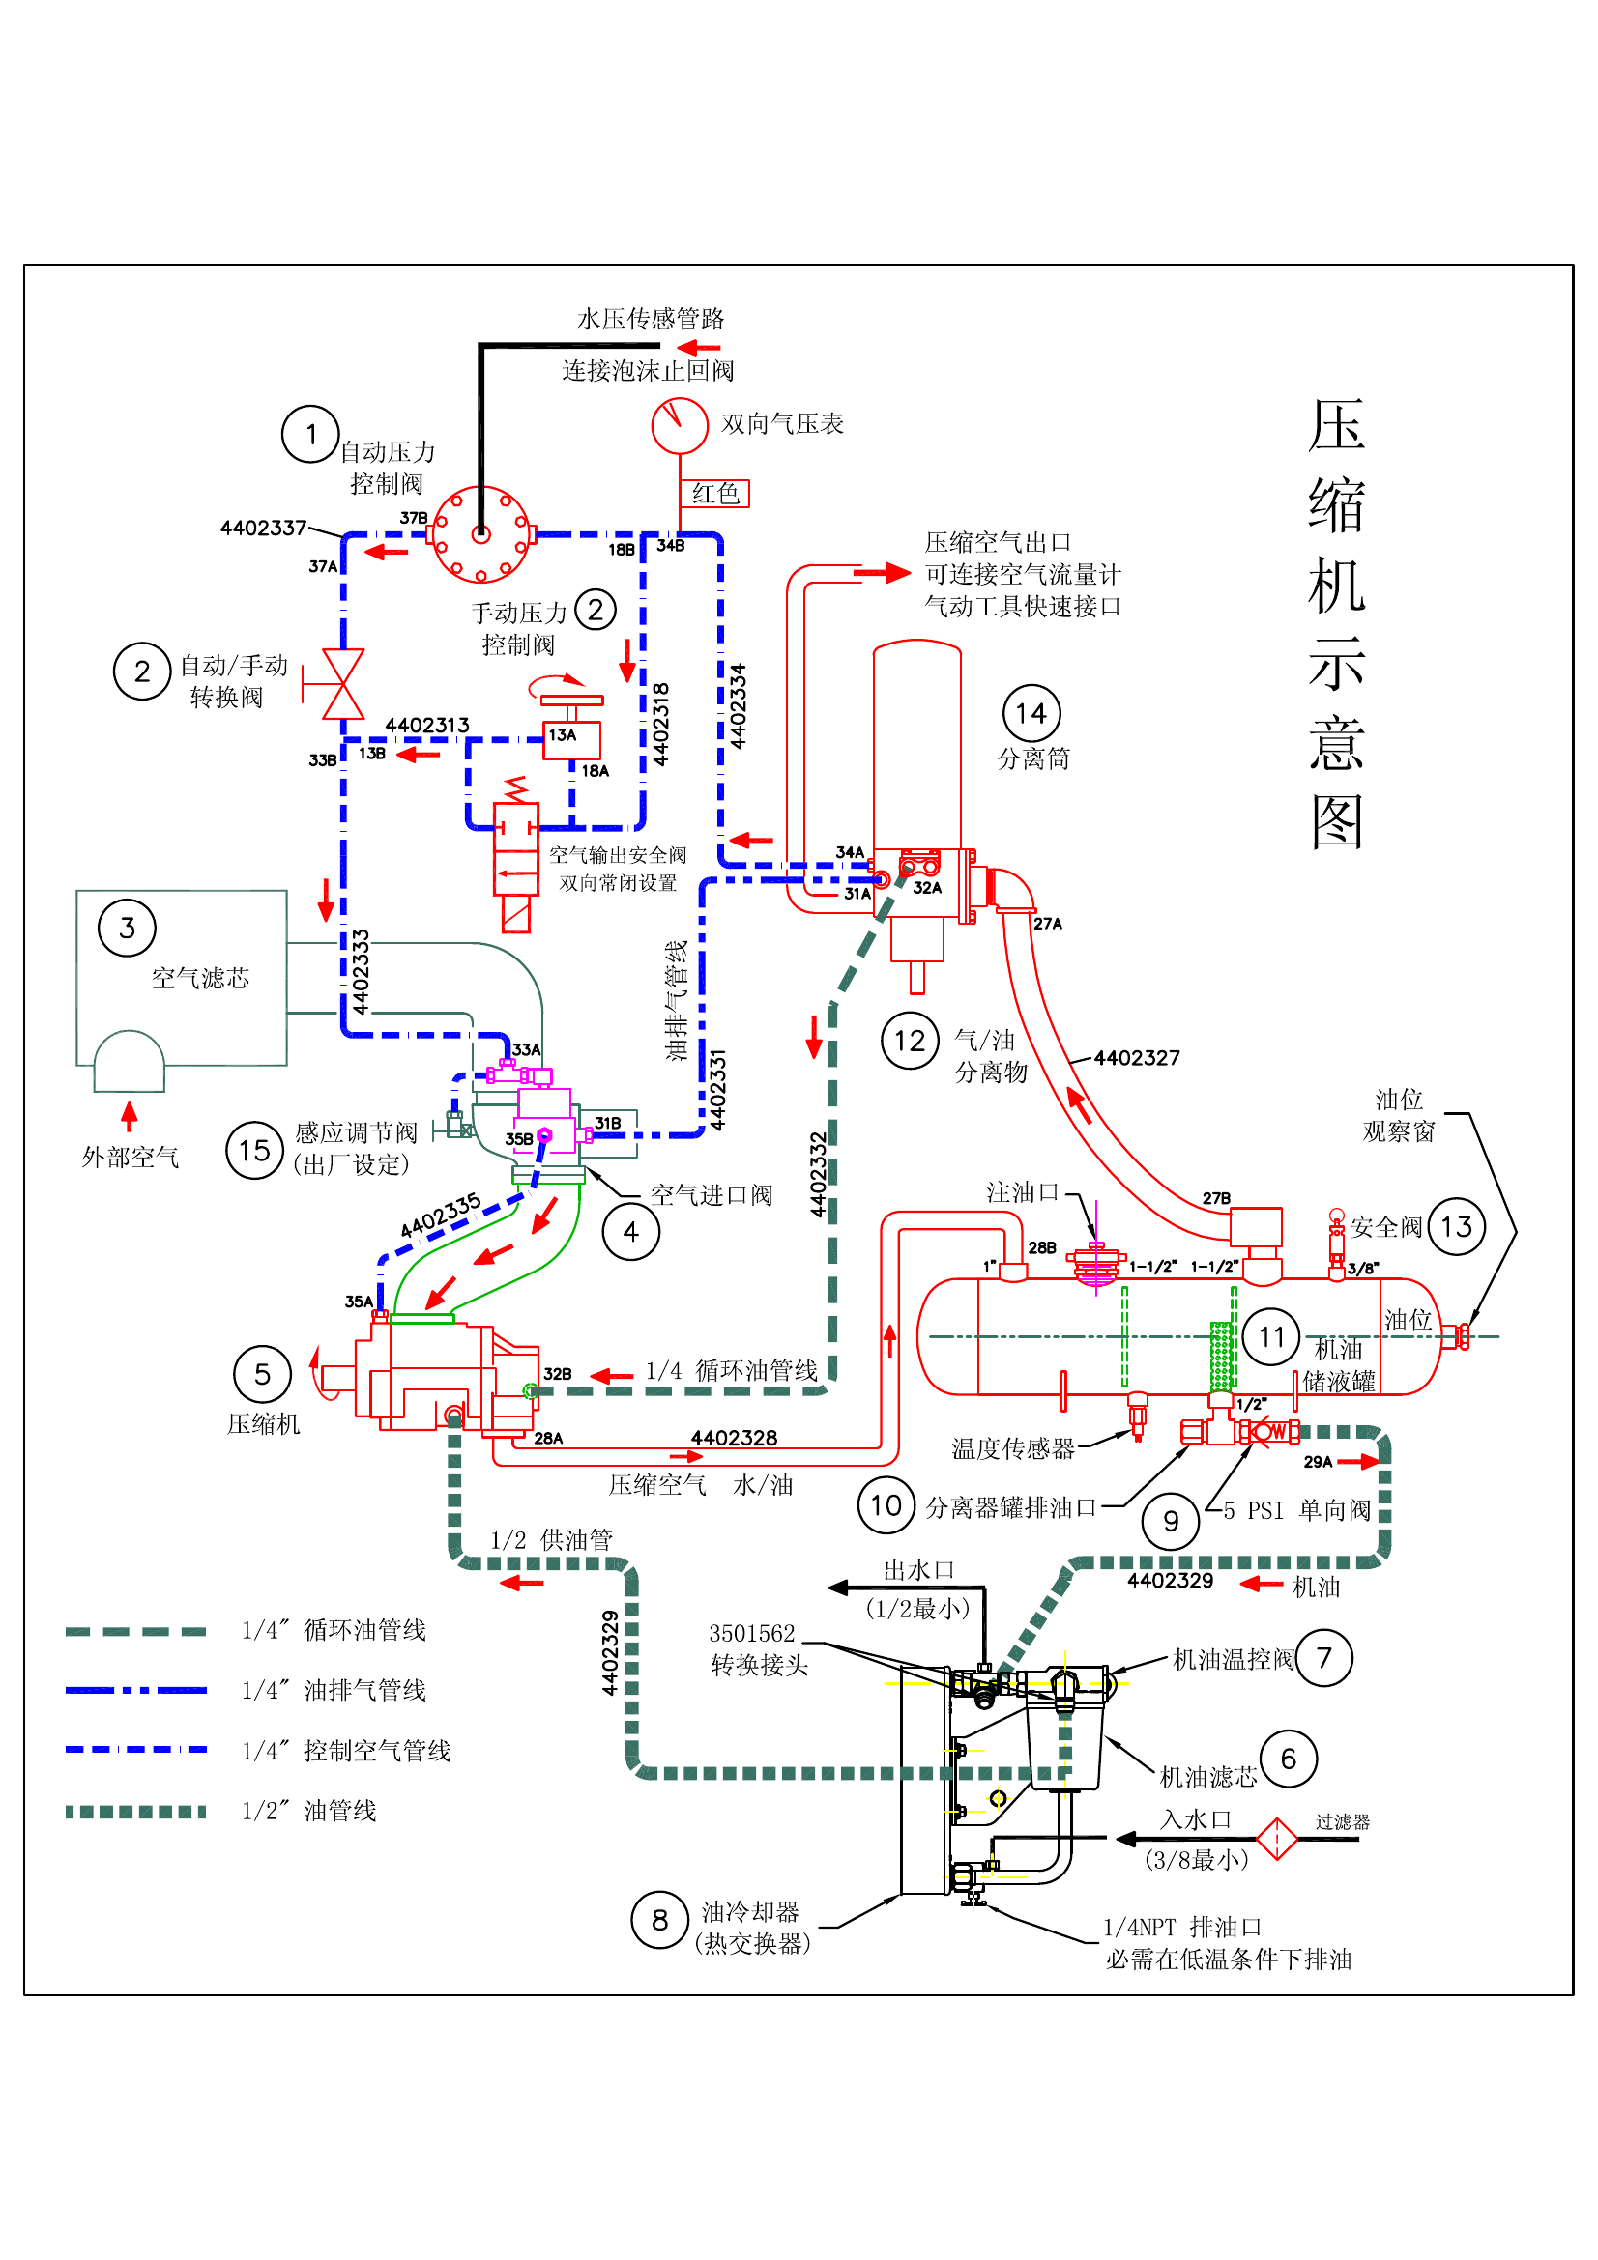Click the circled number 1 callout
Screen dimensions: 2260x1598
pos(310,434)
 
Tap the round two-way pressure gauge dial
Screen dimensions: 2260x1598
pos(680,425)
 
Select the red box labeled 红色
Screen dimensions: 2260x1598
pos(714,493)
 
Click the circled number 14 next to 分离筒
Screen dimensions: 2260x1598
pos(1031,713)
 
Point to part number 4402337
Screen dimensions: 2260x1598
pos(263,528)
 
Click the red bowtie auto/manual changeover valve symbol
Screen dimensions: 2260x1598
pos(342,684)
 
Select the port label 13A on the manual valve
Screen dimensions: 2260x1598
pos(563,734)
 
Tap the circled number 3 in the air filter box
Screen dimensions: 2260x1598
pos(127,928)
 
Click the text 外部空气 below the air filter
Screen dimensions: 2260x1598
pos(130,1158)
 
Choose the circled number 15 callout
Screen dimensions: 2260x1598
pos(254,1150)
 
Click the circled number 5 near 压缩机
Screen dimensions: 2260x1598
pos(262,1374)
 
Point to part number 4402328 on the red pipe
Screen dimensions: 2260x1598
pos(734,1438)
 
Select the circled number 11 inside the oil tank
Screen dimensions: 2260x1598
pos(1271,1336)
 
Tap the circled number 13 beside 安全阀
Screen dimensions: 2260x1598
pos(1456,1226)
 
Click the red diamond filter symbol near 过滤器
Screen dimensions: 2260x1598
pos(1277,1839)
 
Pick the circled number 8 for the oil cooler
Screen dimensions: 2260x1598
pos(659,1920)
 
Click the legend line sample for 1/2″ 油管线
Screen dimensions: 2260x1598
pos(136,1811)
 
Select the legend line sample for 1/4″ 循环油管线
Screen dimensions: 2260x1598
pos(136,1631)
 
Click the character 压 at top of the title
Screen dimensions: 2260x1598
pos(1336,425)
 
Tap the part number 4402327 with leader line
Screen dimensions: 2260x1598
pos(1136,1058)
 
